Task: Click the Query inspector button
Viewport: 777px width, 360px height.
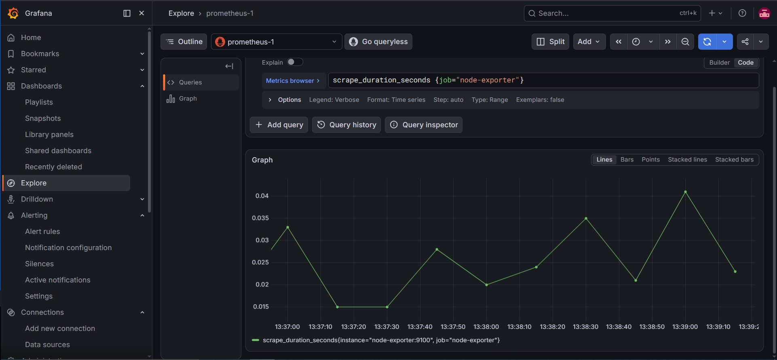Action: [423, 125]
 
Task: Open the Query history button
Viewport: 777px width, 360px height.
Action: [346, 125]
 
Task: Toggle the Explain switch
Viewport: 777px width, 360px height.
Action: [295, 62]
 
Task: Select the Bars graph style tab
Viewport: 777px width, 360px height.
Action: [627, 160]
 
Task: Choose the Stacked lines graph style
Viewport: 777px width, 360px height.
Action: [687, 160]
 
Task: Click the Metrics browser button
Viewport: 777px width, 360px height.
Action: [293, 80]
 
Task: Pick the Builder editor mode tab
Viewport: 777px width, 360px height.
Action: [719, 63]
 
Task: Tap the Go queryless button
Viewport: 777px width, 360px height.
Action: [378, 42]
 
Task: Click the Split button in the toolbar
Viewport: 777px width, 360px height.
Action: [550, 42]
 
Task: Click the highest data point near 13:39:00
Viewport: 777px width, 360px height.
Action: [685, 192]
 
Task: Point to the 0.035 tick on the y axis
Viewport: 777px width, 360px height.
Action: [260, 218]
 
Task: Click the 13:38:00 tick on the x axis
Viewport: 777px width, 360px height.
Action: [486, 326]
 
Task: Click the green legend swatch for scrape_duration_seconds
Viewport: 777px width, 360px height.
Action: [255, 340]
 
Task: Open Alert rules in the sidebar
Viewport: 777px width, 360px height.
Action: [42, 232]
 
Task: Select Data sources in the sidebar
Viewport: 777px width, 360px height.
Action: [47, 345]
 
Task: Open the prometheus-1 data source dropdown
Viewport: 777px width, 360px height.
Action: [277, 42]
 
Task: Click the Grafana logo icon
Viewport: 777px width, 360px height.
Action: [13, 13]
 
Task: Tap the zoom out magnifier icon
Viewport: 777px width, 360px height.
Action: [685, 42]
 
